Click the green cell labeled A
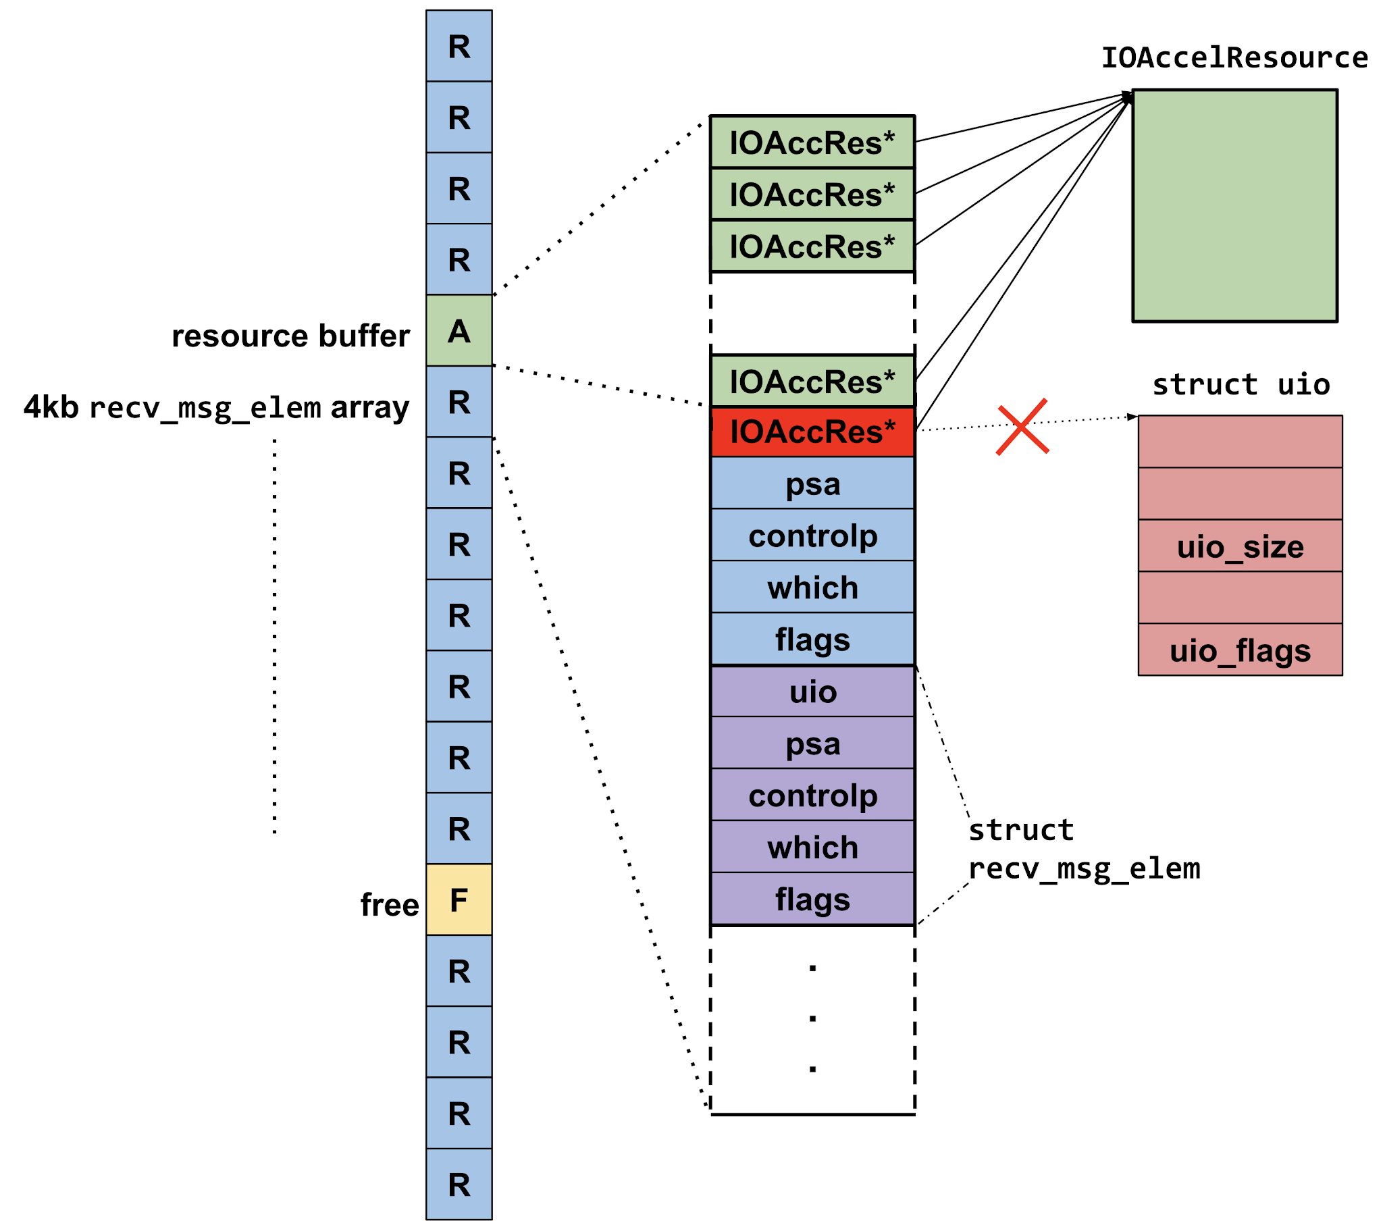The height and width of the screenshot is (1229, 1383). (459, 330)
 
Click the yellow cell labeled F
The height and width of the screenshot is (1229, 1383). (459, 899)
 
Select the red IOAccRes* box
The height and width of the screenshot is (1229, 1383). (812, 432)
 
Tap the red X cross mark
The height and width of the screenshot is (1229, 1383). (1022, 426)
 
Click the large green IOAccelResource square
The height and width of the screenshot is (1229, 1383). (1234, 205)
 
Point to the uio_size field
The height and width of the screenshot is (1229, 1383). (1240, 546)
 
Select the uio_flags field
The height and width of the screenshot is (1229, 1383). (1240, 650)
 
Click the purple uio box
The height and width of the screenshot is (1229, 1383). (812, 691)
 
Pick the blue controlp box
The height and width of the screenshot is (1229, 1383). (812, 535)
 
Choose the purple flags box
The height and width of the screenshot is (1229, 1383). (812, 899)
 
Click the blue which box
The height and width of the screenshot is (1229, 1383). (812, 587)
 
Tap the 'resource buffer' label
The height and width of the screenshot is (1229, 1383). (290, 336)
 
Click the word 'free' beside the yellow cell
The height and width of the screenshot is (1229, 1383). (389, 905)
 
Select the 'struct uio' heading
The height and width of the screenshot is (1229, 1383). (1241, 384)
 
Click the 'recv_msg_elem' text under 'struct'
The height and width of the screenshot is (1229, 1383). (1084, 868)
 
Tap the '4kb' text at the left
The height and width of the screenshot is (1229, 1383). (51, 407)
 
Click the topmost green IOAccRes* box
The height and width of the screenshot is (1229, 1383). (812, 142)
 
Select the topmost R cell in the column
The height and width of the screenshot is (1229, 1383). (459, 46)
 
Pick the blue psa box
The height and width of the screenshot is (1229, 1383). (812, 483)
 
